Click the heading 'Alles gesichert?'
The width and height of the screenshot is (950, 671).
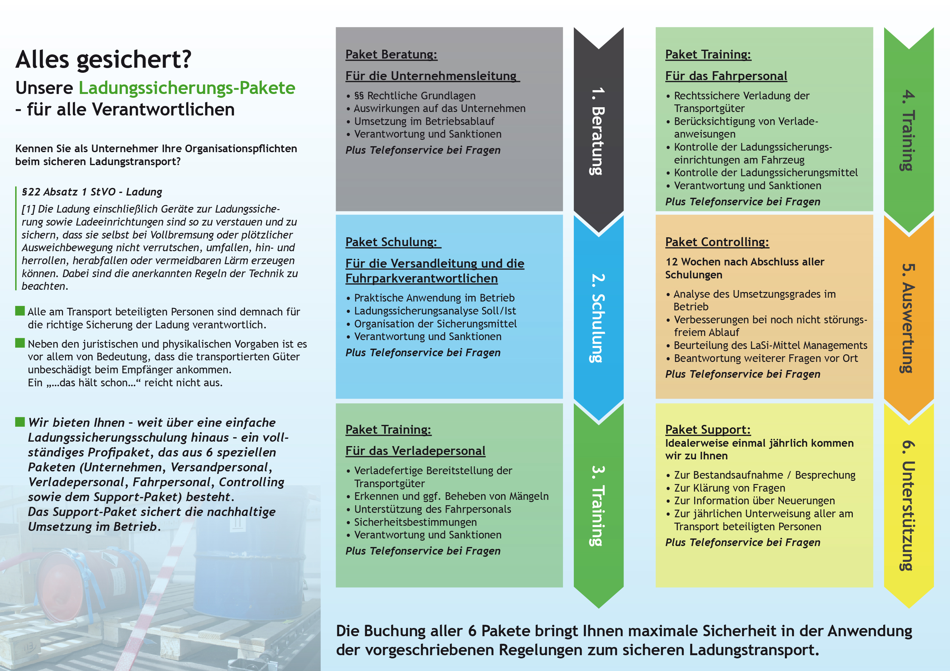104,59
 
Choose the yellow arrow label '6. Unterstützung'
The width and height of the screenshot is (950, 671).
908,505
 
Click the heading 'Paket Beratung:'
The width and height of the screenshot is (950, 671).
391,55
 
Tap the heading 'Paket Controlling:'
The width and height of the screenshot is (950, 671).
717,242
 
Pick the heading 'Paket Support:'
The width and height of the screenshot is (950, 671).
707,430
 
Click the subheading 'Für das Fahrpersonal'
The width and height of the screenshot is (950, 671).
726,76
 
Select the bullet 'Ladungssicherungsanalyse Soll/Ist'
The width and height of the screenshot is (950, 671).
435,311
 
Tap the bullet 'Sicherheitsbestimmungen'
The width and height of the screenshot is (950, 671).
415,522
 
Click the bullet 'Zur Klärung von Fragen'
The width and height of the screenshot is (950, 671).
729,488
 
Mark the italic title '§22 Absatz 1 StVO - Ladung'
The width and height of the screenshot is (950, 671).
92,192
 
